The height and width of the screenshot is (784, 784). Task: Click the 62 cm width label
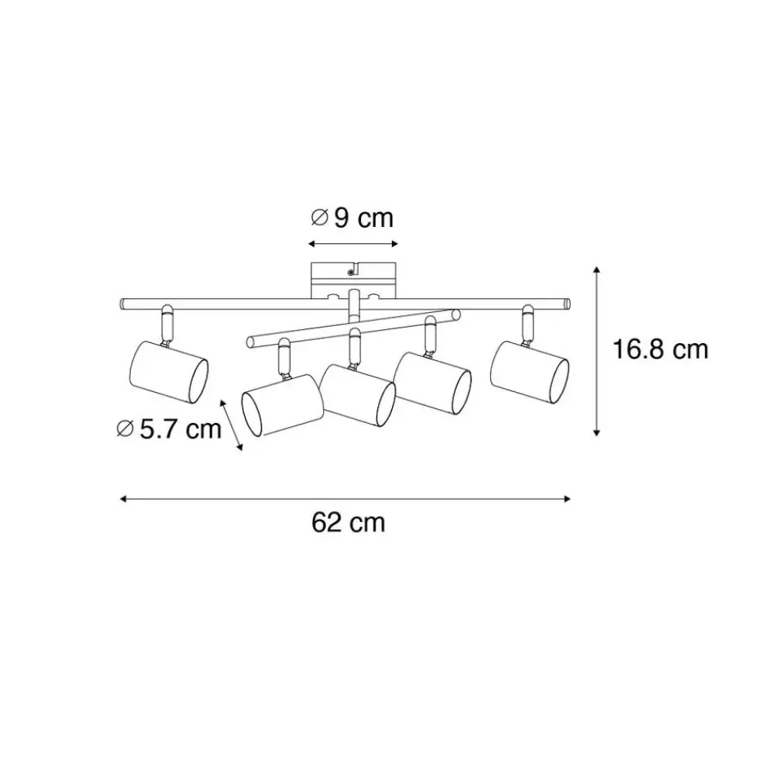tap(349, 523)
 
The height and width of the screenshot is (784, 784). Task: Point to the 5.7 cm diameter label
tap(168, 429)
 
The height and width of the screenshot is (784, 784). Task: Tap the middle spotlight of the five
tap(358, 394)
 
